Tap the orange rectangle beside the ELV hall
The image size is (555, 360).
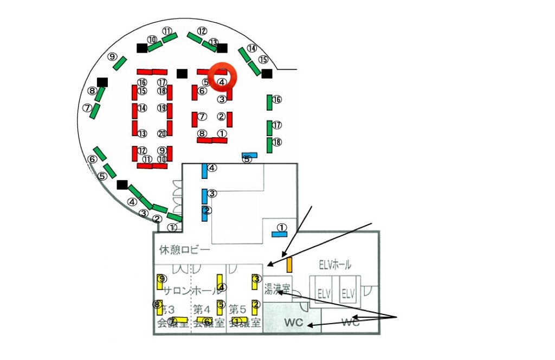tap(289, 265)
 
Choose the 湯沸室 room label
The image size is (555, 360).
tap(277, 287)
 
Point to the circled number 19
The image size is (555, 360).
tap(162, 108)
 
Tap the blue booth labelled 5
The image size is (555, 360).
tap(249, 155)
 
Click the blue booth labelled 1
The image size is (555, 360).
tap(280, 233)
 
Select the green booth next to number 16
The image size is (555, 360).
tap(269, 101)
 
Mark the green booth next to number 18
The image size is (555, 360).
tap(269, 145)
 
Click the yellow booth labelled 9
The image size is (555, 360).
tap(160, 281)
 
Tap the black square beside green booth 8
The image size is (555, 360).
tap(102, 82)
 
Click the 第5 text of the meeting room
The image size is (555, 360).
tap(237, 310)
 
